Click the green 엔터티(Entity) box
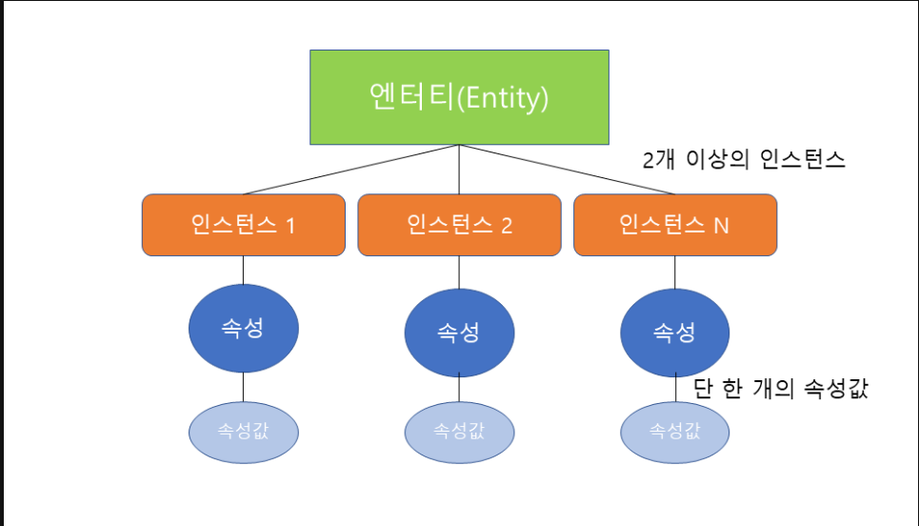[459, 97]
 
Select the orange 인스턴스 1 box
[243, 225]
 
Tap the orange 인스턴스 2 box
[459, 225]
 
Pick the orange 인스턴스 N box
[675, 225]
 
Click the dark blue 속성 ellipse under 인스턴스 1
[243, 329]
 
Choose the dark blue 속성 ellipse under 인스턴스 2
[459, 333]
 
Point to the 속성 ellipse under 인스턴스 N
[675, 333]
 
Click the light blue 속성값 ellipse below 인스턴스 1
[243, 433]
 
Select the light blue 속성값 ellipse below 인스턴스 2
[459, 433]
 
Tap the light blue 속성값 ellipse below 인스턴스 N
[675, 433]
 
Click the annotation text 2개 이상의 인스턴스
[744, 159]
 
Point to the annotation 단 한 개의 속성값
[781, 389]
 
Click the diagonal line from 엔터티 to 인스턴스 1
[351, 170]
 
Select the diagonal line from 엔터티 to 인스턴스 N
[568, 170]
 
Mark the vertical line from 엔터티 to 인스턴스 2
[459, 170]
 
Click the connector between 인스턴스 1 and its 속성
[243, 271]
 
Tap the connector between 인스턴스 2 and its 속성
[459, 273]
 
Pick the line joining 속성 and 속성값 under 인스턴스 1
[243, 387]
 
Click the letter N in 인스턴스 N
[721, 226]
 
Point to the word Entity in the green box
[502, 98]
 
